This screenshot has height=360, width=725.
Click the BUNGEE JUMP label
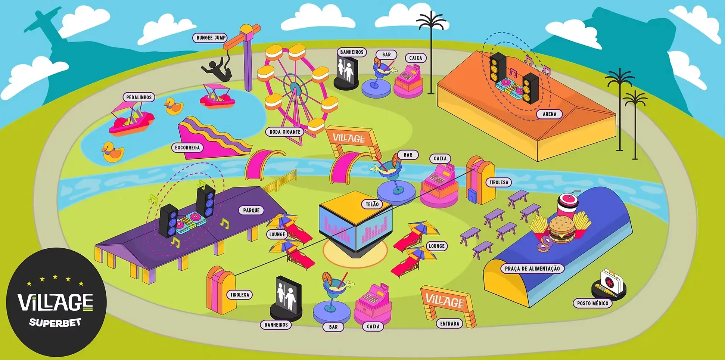click(211, 38)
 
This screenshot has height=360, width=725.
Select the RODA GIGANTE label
click(285, 132)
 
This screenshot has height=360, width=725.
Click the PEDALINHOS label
click(139, 97)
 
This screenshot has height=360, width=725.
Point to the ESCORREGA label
click(187, 148)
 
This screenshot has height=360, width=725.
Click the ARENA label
click(549, 114)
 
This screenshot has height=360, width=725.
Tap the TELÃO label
click(372, 204)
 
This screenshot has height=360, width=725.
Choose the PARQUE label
click(251, 210)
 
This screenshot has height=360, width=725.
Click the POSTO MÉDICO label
click(592, 303)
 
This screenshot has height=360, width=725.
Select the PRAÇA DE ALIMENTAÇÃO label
click(532, 269)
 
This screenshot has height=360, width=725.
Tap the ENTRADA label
click(449, 324)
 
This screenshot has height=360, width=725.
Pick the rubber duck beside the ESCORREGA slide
click(113, 152)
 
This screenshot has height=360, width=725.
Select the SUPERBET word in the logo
click(55, 322)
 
